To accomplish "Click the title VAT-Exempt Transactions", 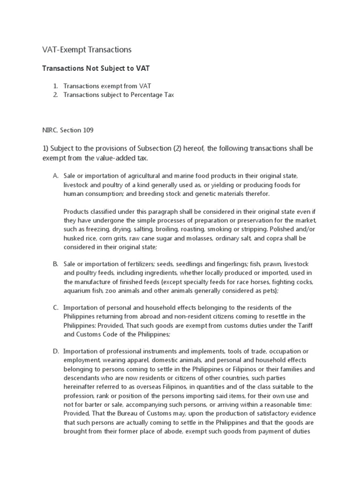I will (x=87, y=49).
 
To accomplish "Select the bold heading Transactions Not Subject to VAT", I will (x=96, y=68).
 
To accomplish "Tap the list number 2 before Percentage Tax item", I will (x=55, y=95).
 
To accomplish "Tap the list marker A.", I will (x=55, y=176).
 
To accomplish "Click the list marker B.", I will (x=55, y=265).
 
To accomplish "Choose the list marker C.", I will (x=55, y=307).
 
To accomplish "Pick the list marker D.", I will (x=55, y=351).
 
